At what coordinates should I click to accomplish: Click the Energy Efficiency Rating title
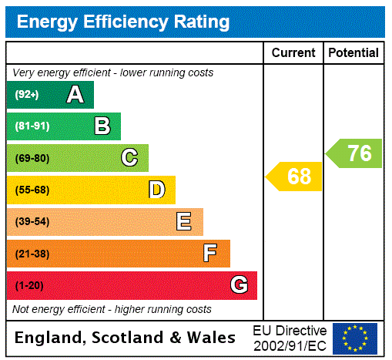123,22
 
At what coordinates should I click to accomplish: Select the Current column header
293,53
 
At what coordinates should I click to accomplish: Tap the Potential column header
353,53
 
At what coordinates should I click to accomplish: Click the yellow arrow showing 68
296,177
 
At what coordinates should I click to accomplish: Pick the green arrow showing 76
356,153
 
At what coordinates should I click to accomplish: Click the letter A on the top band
75,95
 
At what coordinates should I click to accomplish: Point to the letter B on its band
102,126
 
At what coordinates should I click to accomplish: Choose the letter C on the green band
129,158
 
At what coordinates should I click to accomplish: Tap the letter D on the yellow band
156,190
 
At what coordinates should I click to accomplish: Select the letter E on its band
183,222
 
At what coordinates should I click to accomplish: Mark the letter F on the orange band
210,253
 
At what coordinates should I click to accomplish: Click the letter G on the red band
239,285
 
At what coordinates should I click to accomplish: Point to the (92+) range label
27,95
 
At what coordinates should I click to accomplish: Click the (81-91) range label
32,126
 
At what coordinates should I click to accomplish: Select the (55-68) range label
32,190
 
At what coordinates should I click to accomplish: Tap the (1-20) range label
29,285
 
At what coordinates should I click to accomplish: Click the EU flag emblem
355,338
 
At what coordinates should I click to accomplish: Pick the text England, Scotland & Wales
126,338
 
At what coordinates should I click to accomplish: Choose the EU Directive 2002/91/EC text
290,338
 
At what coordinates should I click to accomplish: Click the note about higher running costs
112,309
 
